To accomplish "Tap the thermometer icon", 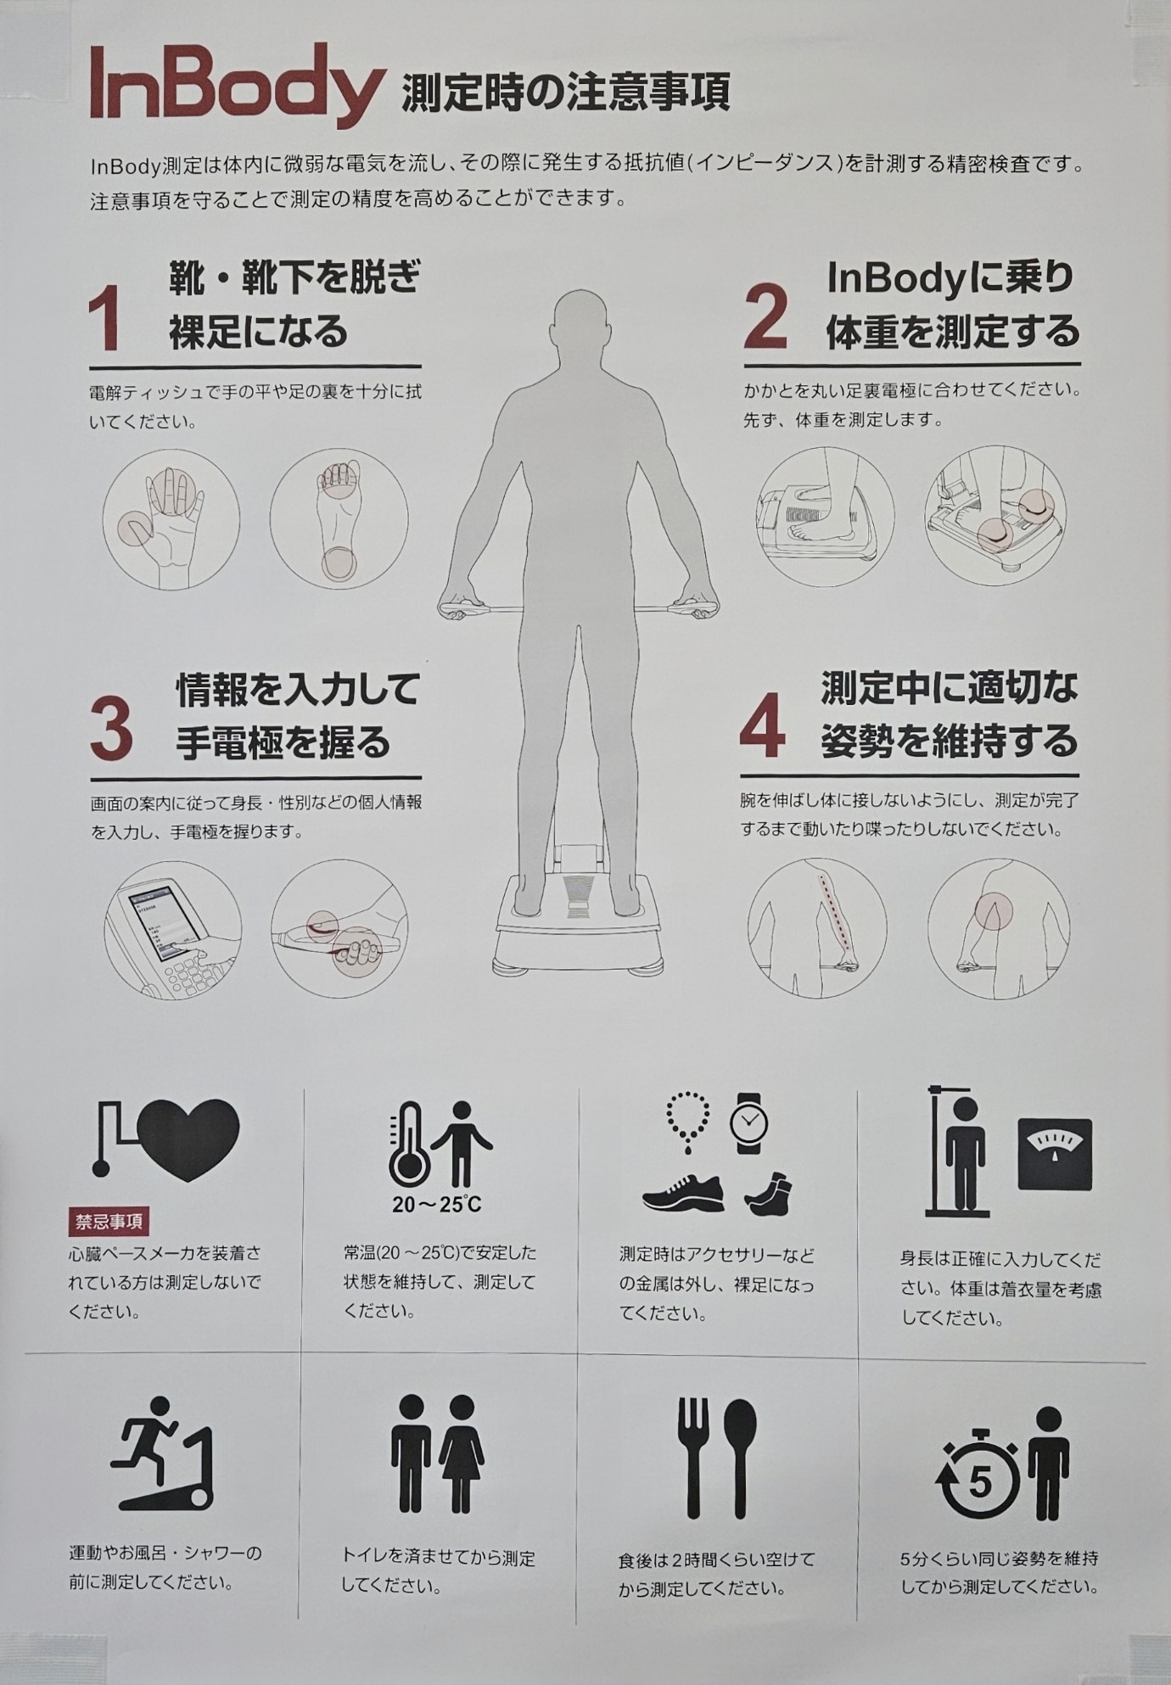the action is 406,1144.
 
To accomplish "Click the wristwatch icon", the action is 748,1123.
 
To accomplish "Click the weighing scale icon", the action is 1055,1154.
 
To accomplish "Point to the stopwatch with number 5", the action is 979,1458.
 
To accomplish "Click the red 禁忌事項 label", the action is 109,1223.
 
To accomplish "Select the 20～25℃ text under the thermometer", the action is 436,1204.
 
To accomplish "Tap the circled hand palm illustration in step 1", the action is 171,519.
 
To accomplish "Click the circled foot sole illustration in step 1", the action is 339,518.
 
